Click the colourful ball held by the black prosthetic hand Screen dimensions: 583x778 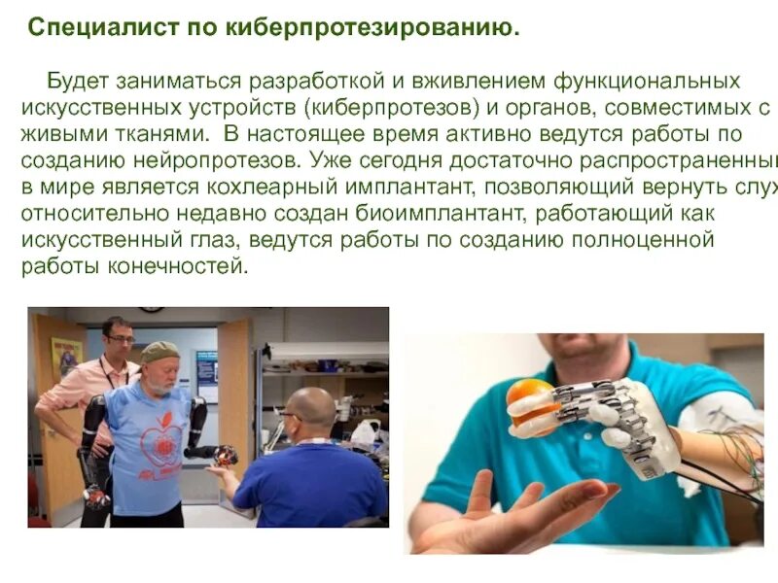pos(226,454)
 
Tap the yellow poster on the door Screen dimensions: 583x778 pos(66,357)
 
